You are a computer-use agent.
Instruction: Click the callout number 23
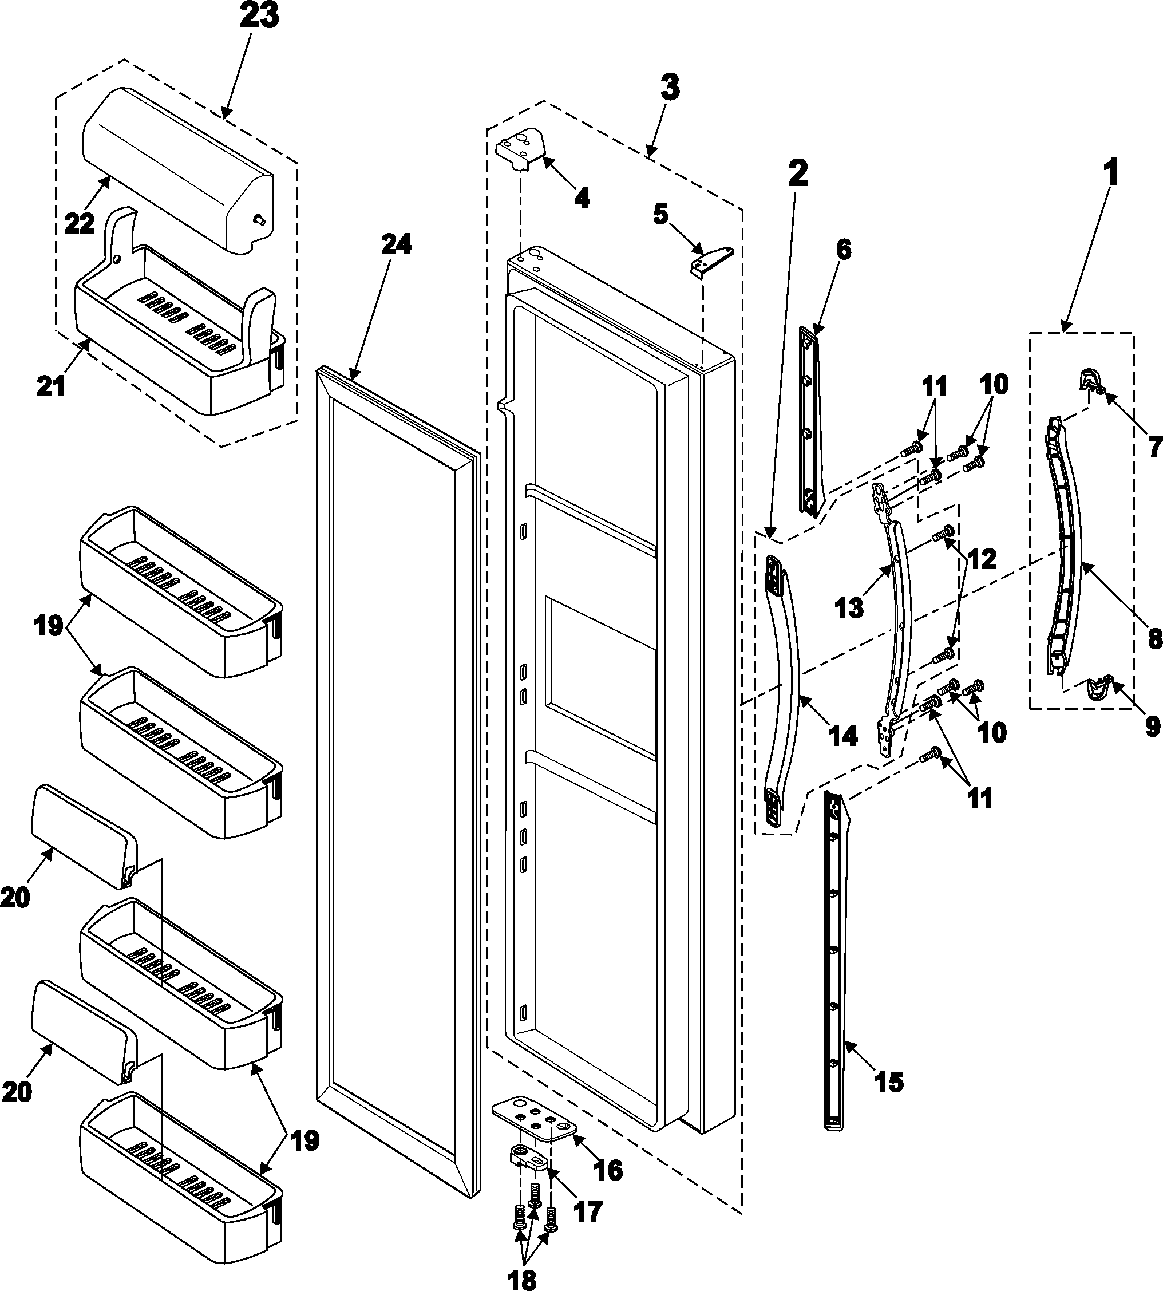point(259,16)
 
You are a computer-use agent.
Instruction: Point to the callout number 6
point(844,251)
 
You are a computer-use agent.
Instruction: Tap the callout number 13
point(849,609)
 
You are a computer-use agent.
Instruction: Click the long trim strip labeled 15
point(837,959)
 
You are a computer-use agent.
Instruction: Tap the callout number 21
point(50,386)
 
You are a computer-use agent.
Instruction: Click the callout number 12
point(981,559)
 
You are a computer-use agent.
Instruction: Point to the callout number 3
point(669,88)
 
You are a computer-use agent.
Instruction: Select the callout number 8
point(1153,638)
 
